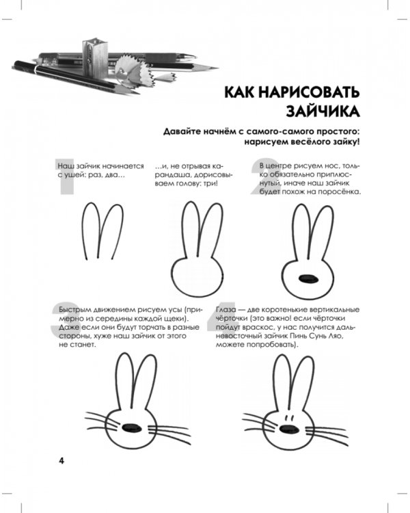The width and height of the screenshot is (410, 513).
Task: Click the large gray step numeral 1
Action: tap(66, 177)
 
